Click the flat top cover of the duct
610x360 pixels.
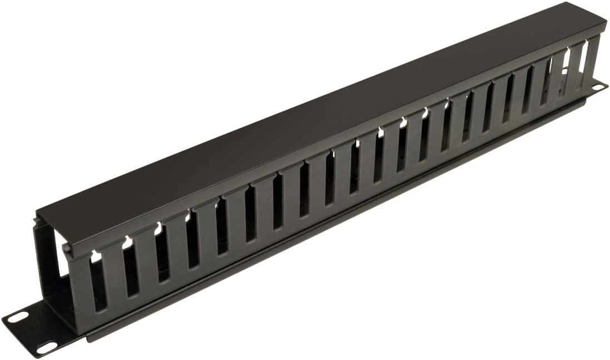311,111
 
